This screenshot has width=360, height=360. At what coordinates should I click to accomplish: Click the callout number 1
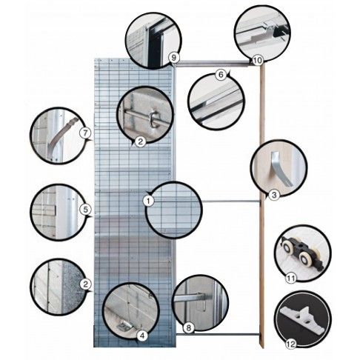click(149, 201)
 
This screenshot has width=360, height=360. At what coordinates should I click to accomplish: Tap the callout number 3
click(274, 195)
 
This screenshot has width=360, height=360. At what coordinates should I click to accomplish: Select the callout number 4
click(142, 336)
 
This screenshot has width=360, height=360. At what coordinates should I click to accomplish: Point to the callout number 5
click(85, 210)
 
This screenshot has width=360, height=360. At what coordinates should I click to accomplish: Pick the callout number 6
click(221, 74)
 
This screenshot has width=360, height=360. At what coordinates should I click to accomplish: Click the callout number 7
click(84, 133)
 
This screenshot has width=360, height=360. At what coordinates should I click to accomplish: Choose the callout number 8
click(188, 328)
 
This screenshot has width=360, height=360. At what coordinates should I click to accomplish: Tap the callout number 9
click(173, 58)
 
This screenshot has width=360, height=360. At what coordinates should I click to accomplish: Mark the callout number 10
click(257, 60)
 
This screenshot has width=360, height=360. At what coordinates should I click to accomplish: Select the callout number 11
click(291, 279)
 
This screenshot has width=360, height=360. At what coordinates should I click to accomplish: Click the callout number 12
click(291, 344)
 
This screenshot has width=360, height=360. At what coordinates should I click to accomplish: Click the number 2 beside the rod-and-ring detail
click(141, 141)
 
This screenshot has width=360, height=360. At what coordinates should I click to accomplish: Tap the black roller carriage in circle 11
click(302, 252)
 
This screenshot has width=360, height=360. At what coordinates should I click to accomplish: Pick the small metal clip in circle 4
click(123, 327)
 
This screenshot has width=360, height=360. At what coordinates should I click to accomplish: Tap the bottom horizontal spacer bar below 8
click(218, 335)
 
